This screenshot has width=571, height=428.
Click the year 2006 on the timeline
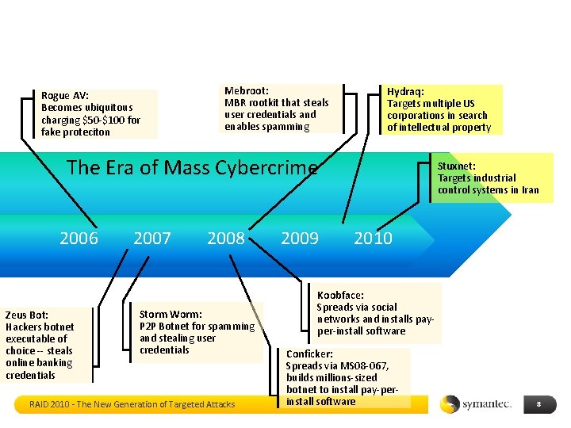coord(79,238)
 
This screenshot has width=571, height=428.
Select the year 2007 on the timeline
coord(152,238)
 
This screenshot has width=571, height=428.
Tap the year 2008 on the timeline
coord(226,238)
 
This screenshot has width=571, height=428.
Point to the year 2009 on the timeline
coord(300,238)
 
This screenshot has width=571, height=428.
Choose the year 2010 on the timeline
coord(373,238)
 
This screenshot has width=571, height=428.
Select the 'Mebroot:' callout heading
coord(247,90)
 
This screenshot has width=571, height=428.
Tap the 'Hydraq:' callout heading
coord(406,91)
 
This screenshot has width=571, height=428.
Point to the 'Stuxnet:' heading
coord(457,166)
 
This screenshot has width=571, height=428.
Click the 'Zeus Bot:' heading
coord(27,315)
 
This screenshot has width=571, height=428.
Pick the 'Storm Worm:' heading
coord(171,314)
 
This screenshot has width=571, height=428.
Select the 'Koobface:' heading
coord(340,295)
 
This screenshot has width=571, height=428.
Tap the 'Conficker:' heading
coord(309,353)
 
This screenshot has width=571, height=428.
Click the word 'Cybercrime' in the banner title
coord(264,168)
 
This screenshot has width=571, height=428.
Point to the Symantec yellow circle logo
coord(450,404)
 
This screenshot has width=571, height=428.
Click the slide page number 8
coord(538,404)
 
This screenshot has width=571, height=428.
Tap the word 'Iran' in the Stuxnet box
coord(530,189)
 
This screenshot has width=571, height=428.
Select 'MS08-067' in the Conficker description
coord(356,365)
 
